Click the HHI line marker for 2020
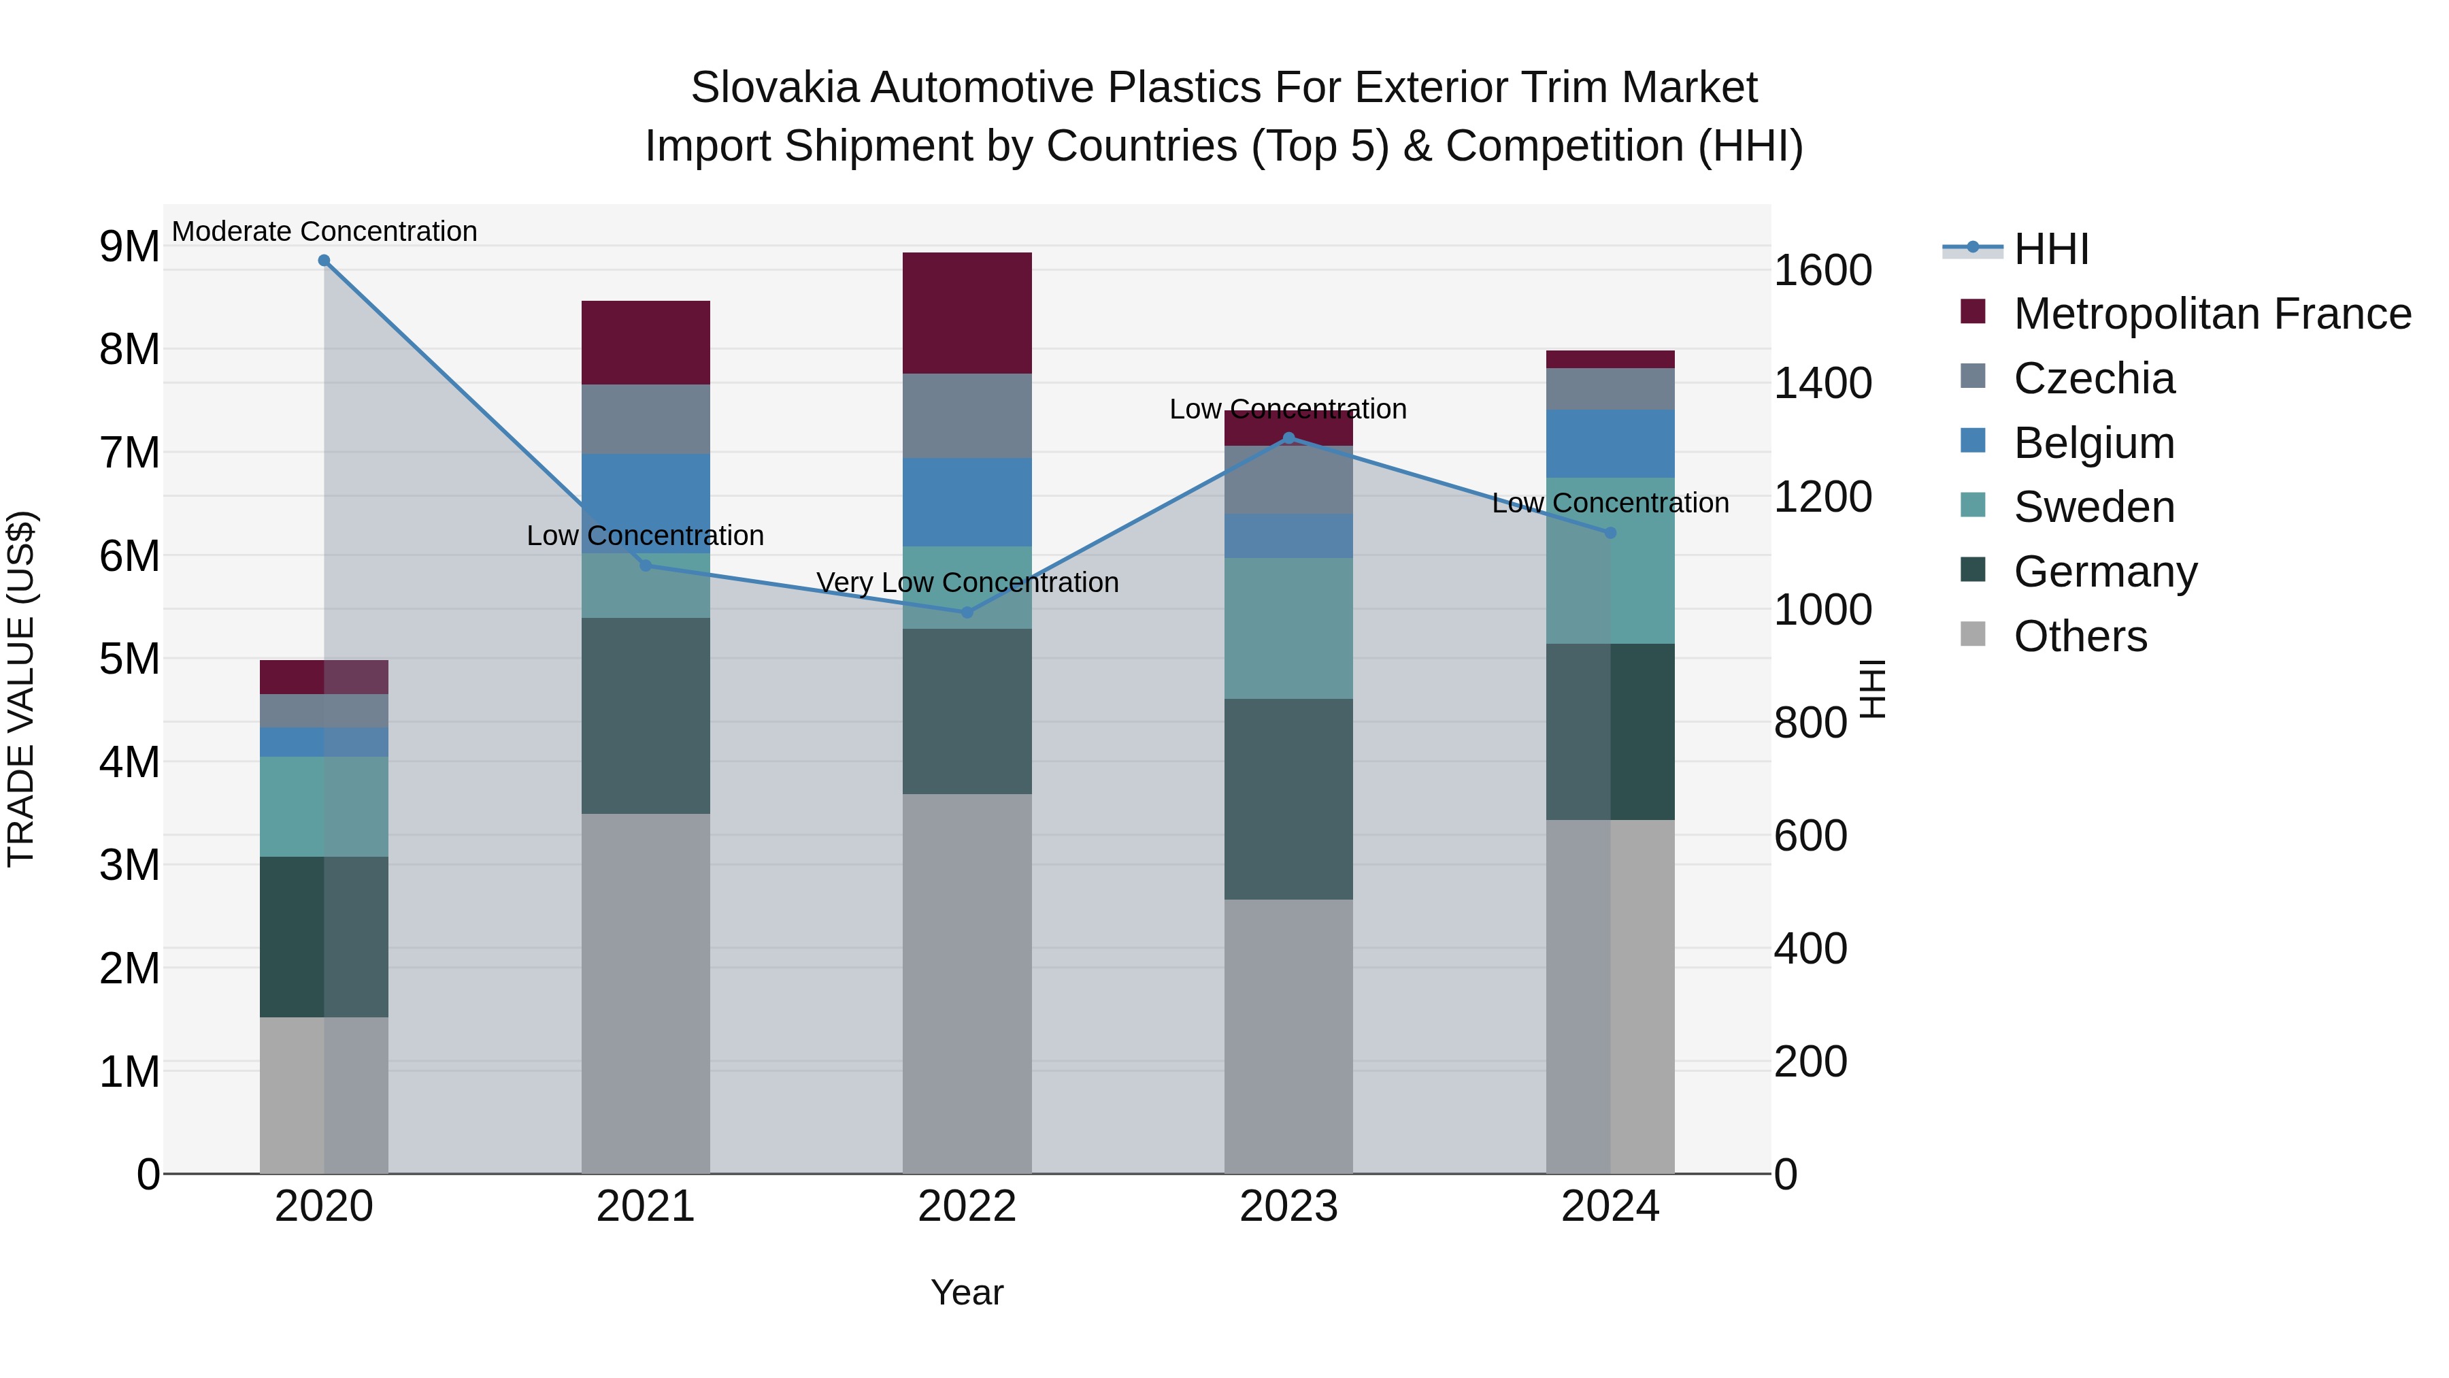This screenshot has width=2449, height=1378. pyautogui.click(x=324, y=261)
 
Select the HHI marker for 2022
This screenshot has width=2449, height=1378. pyautogui.click(x=967, y=612)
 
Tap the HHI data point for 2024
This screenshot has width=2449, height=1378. pyautogui.click(x=1610, y=533)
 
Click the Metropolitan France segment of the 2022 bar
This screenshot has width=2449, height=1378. pyautogui.click(x=967, y=313)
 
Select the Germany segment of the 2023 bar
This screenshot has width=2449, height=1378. pyautogui.click(x=1288, y=799)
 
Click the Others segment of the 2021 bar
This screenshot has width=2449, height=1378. pyautogui.click(x=646, y=993)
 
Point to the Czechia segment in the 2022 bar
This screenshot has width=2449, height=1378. pyautogui.click(x=967, y=416)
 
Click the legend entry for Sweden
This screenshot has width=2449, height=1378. pyautogui.click(x=2093, y=507)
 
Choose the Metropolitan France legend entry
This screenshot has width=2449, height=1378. pyautogui.click(x=2212, y=314)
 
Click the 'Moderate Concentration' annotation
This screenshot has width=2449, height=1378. pyautogui.click(x=324, y=231)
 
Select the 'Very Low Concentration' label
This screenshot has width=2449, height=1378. pyautogui.click(x=967, y=582)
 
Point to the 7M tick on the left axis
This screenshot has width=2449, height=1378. pyautogui.click(x=129, y=453)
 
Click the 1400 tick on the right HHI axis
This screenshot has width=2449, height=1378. pyautogui.click(x=1822, y=383)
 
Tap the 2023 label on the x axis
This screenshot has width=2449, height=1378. pyautogui.click(x=1288, y=1207)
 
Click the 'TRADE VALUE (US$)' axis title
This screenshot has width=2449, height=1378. pyautogui.click(x=22, y=689)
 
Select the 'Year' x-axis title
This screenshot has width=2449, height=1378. pyautogui.click(x=967, y=1292)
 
